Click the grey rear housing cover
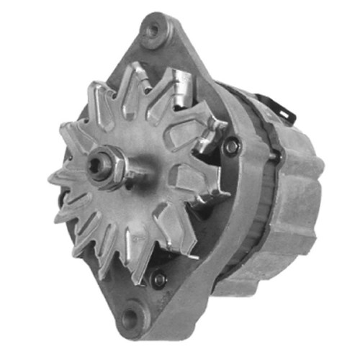(295, 209)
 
